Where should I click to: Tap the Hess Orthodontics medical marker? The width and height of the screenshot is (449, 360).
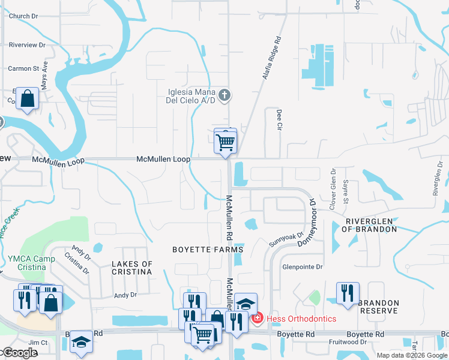point(258,318)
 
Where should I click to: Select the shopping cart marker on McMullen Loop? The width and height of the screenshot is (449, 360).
point(226,143)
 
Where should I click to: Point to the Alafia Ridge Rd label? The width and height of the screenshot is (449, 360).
point(270,59)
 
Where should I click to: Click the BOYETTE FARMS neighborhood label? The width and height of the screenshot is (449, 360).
point(208,250)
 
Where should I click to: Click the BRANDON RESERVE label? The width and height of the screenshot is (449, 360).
point(378,307)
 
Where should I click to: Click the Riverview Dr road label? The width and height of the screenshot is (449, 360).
point(27,45)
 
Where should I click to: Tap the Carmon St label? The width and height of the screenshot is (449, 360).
point(23,69)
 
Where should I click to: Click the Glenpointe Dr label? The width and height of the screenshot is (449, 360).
point(303,266)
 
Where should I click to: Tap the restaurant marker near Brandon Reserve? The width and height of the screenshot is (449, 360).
point(348,293)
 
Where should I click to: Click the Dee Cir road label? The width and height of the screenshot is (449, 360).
point(279,119)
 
